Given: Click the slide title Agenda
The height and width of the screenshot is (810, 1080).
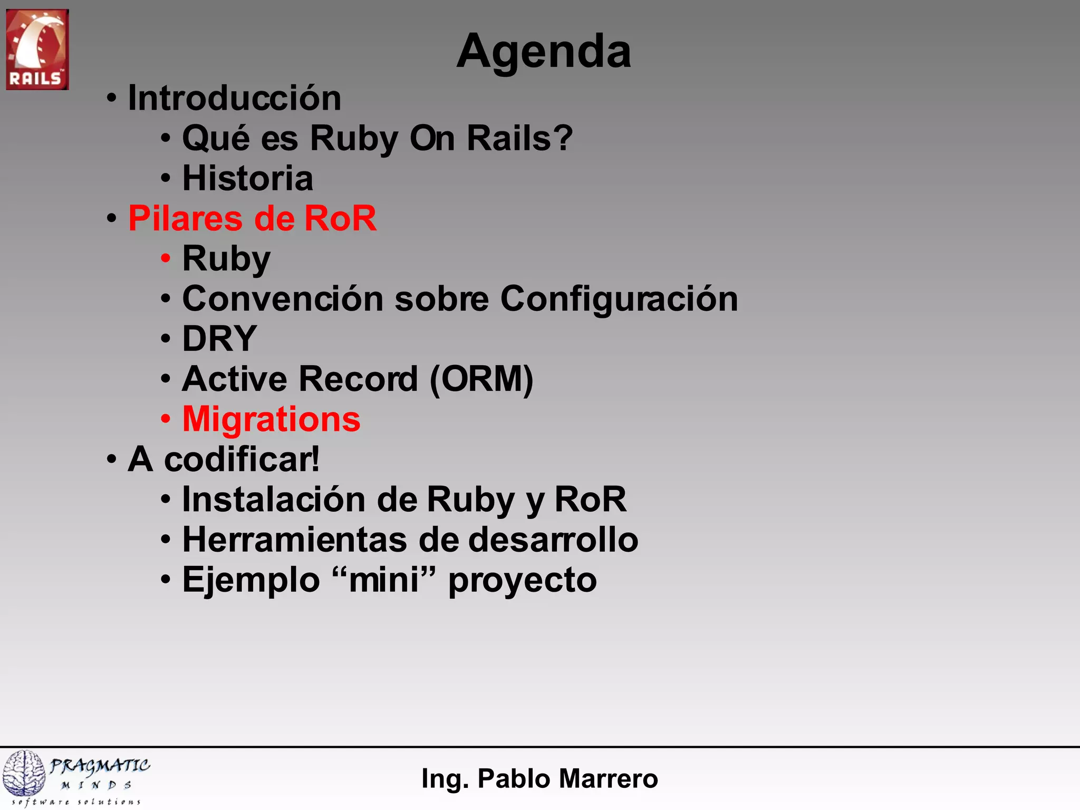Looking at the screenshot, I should [543, 52].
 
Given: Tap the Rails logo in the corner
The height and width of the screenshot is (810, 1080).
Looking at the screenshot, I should [37, 49].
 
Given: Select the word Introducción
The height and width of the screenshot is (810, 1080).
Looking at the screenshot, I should [235, 99].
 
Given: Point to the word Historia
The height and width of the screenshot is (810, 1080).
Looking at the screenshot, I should [247, 178].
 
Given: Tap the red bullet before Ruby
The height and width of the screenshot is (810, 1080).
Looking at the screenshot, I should [166, 259].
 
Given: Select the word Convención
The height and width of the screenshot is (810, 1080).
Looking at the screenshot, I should [282, 299].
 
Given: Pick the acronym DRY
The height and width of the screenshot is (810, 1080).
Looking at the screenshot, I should [219, 339].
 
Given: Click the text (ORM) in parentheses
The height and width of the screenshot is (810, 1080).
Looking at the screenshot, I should [481, 379].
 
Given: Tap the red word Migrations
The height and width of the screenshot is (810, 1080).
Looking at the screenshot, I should [271, 419].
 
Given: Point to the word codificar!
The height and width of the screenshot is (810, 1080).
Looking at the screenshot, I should [242, 459].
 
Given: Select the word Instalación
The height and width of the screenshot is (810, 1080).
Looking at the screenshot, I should [273, 499].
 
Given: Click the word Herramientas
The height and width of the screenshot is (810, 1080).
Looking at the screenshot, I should [294, 539].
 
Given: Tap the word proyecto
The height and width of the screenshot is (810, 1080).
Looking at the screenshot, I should [522, 581].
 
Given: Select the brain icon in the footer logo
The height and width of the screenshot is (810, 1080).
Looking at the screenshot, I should [24, 773].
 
